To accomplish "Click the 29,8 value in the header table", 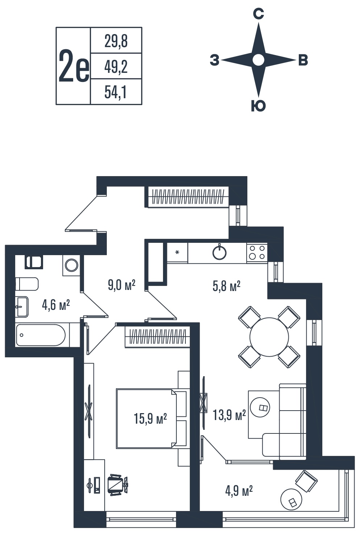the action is click(x=116, y=41).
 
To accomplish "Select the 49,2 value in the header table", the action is click(x=116, y=67).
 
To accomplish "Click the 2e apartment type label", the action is click(x=74, y=66).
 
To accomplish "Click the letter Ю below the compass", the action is click(x=258, y=105).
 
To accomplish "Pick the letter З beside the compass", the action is click(x=214, y=60).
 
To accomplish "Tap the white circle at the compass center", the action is click(x=258, y=60).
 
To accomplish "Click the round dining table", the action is click(x=269, y=337).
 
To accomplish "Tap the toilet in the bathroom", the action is click(x=27, y=284).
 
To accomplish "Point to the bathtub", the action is click(x=41, y=335).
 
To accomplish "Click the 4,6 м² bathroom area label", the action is click(x=56, y=306).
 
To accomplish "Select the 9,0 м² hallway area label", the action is click(x=122, y=285).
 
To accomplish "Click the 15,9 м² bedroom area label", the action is click(x=150, y=419).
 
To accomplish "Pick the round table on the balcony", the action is click(x=291, y=499).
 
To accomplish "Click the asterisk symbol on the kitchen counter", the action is click(x=177, y=252).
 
